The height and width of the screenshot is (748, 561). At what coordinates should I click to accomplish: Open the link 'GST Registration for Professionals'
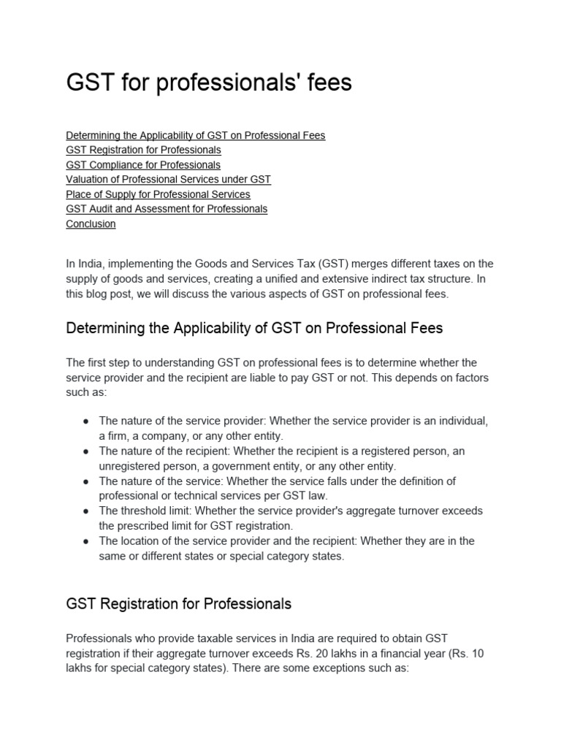(x=143, y=150)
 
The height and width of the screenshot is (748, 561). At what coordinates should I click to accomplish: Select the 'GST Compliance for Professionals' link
(x=143, y=165)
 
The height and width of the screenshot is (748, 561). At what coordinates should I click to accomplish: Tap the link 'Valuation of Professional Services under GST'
(x=168, y=180)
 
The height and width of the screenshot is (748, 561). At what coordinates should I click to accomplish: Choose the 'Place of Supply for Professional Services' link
(x=158, y=194)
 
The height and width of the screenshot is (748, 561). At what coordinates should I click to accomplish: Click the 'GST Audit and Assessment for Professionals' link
(x=167, y=209)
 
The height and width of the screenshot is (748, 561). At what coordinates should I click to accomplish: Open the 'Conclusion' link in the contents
(x=91, y=224)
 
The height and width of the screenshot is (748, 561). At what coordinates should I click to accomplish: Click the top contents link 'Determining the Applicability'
(x=195, y=135)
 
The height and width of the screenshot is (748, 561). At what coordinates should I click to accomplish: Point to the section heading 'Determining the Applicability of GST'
(x=254, y=328)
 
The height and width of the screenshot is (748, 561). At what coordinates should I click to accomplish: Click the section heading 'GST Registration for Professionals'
(x=179, y=604)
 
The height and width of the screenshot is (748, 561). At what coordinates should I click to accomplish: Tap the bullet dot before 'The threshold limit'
(x=86, y=511)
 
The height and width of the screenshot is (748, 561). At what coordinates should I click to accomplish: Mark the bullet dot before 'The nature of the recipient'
(x=86, y=451)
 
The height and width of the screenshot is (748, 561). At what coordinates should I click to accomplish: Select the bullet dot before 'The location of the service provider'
(x=86, y=541)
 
